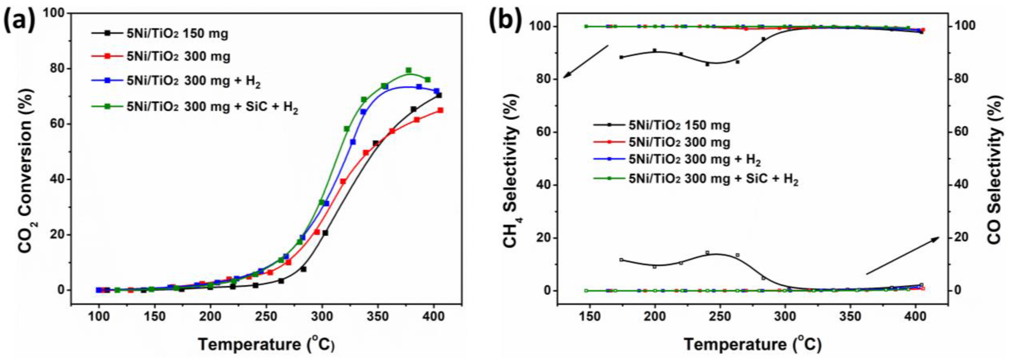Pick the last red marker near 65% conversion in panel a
coord(440,110)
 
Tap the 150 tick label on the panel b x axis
coord(590,316)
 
